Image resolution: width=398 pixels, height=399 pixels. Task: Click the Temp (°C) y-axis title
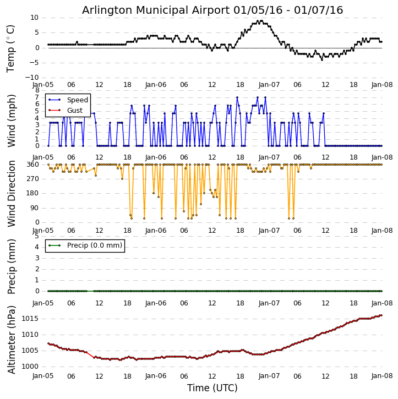[11, 48]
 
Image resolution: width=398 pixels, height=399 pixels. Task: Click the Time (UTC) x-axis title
[212, 388]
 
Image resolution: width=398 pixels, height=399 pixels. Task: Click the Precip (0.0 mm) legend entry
[94, 245]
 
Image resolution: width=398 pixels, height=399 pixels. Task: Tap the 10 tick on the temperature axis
[34, 18]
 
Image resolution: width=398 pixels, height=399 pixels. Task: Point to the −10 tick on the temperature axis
[31, 78]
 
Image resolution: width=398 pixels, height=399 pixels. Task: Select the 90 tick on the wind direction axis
[34, 208]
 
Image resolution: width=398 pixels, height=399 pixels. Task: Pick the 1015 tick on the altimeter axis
[30, 319]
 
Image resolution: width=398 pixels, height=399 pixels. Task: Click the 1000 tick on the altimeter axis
[30, 367]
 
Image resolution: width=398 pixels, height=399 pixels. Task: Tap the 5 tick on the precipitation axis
[36, 236]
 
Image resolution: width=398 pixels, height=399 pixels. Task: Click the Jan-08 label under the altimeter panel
[381, 376]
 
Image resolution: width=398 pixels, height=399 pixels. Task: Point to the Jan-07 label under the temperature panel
[269, 85]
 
